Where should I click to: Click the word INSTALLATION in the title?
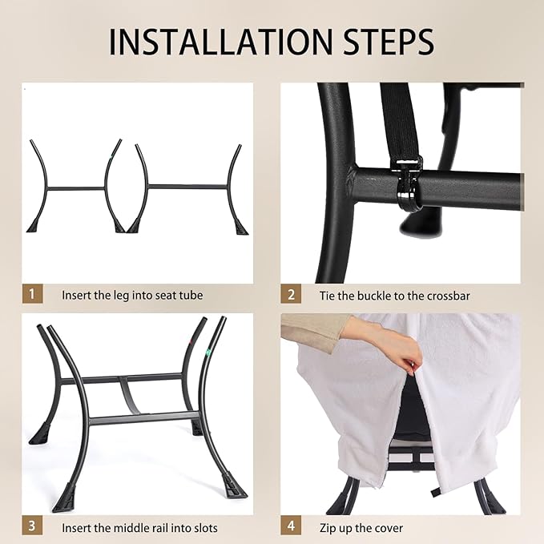221,42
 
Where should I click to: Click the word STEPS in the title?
389,42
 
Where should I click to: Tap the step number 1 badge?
32,294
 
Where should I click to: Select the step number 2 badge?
291,294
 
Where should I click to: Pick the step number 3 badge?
32,526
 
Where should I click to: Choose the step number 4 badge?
291,526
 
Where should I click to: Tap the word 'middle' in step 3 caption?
132,528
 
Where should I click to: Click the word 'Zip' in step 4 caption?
328,529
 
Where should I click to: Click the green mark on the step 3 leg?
208,353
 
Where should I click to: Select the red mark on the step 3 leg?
190,343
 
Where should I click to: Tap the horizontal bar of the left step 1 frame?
75,189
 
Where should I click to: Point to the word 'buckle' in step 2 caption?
373,296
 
